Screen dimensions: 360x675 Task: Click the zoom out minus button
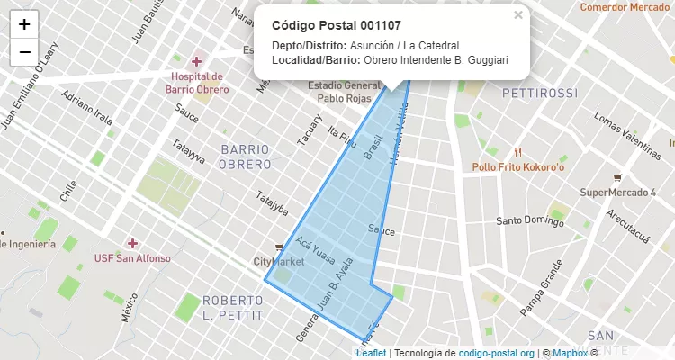24,52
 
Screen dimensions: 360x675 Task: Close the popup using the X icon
517,14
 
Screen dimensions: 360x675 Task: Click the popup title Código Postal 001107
336,25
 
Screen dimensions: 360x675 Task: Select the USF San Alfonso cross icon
132,243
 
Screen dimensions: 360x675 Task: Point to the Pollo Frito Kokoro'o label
517,167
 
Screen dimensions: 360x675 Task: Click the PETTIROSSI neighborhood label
540,93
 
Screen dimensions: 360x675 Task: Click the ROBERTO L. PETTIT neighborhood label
232,308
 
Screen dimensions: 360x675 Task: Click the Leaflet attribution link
371,353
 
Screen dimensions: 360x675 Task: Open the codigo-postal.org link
497,353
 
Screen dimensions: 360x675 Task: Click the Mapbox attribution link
569,353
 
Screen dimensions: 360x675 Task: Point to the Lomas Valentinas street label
627,131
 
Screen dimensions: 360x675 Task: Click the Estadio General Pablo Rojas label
338,92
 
